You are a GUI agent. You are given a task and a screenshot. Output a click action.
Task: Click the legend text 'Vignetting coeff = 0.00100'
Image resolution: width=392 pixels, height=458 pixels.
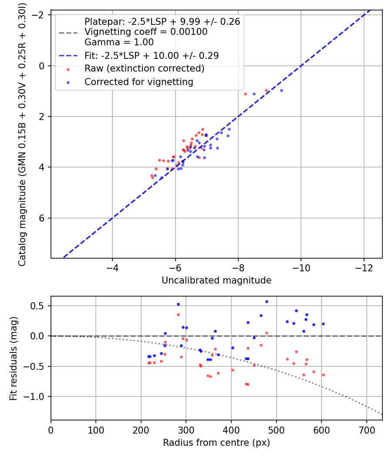click(x=146, y=32)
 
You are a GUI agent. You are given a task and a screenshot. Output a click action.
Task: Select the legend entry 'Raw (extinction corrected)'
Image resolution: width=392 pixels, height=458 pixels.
click(x=144, y=68)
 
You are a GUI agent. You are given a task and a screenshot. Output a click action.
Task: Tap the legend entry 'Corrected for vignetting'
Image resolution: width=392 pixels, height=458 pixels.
click(x=139, y=82)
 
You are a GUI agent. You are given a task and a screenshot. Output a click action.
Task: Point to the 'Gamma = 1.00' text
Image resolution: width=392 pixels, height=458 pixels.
click(x=119, y=42)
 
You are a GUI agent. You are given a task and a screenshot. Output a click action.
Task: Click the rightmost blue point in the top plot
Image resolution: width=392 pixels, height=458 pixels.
click(x=281, y=90)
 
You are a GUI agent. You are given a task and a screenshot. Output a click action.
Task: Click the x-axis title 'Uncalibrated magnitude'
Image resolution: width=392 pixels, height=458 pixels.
click(x=216, y=280)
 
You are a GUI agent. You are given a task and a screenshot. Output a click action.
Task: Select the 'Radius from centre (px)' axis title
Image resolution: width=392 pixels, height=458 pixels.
click(x=216, y=443)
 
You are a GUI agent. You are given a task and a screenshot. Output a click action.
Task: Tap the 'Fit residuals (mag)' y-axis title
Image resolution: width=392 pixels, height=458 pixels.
click(x=14, y=358)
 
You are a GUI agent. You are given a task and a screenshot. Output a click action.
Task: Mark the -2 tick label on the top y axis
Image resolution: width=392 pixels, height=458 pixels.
click(x=40, y=15)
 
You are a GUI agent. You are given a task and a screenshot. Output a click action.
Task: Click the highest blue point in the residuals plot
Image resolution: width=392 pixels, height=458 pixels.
click(x=267, y=301)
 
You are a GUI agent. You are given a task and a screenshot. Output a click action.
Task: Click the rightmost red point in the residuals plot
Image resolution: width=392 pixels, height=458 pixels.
click(x=323, y=375)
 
